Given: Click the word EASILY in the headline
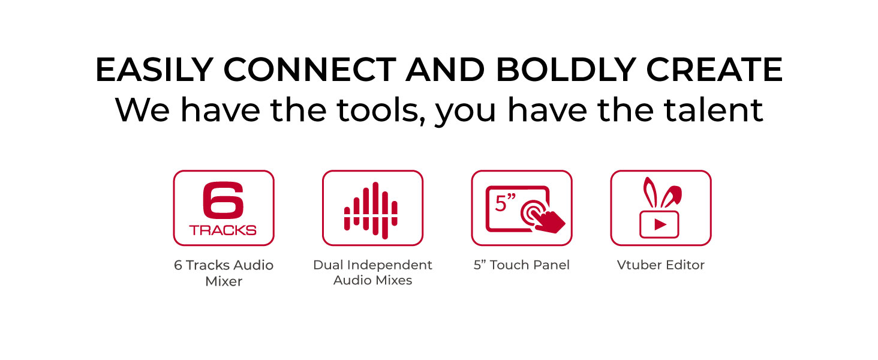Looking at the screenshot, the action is tap(155, 70).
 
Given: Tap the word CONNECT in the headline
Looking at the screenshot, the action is tap(310, 70).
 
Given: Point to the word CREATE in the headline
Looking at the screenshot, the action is tap(714, 70).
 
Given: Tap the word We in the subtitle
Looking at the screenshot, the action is tap(143, 110).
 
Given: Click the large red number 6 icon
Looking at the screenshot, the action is tap(224, 200).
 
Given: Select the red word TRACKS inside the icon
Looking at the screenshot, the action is tap(223, 230).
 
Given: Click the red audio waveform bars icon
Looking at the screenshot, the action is tap(371, 211).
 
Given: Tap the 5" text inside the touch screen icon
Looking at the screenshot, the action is tap(505, 202).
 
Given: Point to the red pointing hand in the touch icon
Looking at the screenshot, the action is tap(549, 221).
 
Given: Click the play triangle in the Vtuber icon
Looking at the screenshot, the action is tap(660, 225).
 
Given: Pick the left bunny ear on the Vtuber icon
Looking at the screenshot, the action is tap(650, 193).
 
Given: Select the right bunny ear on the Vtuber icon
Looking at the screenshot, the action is tap(672, 196).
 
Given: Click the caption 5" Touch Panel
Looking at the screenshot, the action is tap(522, 265).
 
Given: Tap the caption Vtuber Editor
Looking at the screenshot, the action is tap(661, 265).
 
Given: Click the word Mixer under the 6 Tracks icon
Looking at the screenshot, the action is tap(224, 281).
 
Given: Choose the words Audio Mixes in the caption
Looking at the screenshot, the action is tap(373, 281).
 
